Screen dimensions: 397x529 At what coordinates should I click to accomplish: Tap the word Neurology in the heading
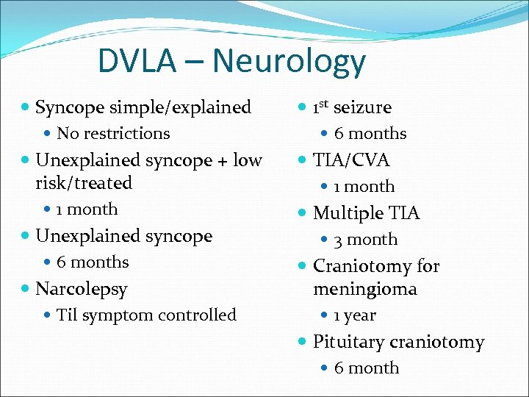(x=289, y=62)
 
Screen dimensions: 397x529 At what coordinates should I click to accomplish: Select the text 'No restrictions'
(x=113, y=133)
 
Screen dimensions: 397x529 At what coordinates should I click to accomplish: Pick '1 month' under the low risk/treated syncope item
(x=87, y=209)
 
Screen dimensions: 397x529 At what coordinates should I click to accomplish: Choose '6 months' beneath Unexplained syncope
(x=93, y=262)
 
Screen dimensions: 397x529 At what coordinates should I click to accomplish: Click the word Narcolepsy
(x=82, y=289)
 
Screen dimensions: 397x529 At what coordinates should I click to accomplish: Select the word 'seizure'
(x=362, y=107)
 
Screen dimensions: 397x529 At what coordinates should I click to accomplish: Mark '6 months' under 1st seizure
(x=370, y=133)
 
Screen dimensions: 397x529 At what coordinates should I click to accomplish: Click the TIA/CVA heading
(x=351, y=160)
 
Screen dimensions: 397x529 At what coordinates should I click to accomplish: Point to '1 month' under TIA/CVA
(x=364, y=187)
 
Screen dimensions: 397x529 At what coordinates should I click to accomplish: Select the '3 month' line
(x=366, y=240)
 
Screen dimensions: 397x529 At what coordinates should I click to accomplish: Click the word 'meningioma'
(x=365, y=289)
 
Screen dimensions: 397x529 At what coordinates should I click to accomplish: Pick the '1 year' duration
(x=355, y=315)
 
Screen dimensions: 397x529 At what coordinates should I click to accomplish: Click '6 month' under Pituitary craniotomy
(x=367, y=368)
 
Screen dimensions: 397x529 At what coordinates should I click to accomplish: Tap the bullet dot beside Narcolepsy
(x=26, y=289)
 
